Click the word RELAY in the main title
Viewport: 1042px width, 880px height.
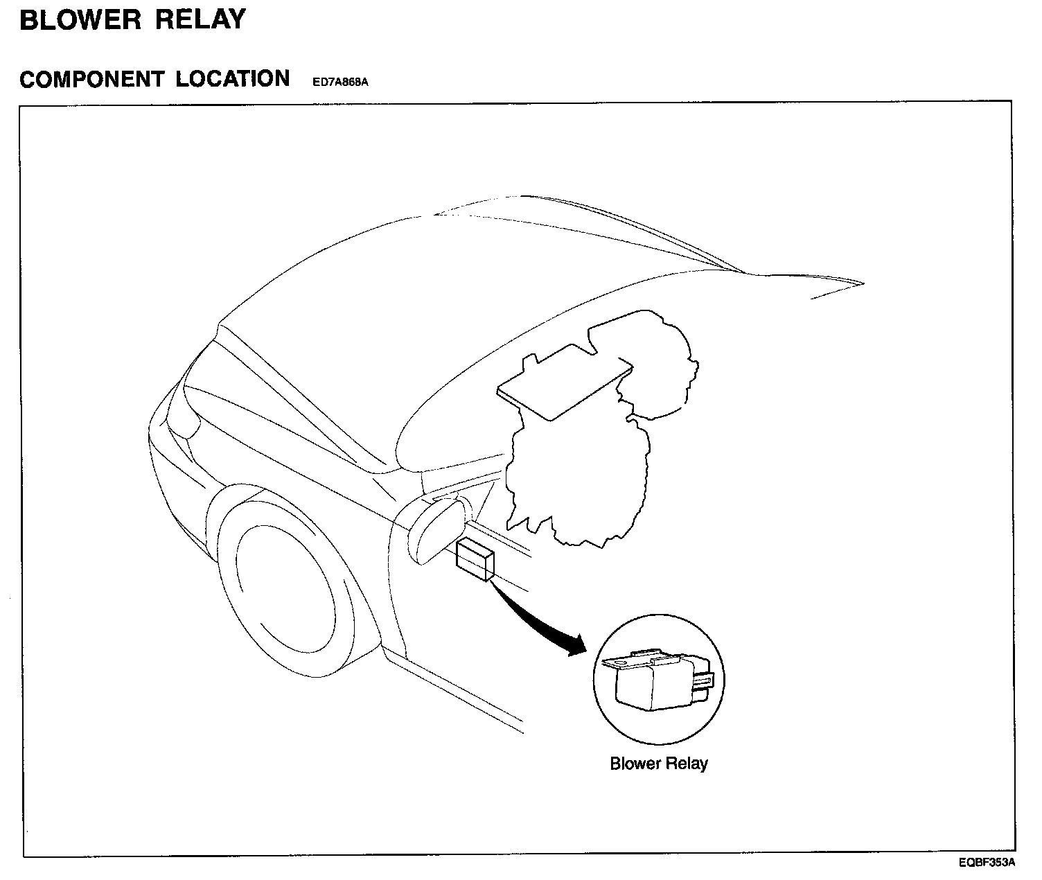(x=200, y=20)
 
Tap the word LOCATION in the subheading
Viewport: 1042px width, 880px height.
(x=232, y=79)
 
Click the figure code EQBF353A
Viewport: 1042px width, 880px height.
(x=987, y=863)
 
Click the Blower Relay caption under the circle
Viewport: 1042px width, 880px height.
(x=659, y=764)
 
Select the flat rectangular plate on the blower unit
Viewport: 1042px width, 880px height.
(x=565, y=384)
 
